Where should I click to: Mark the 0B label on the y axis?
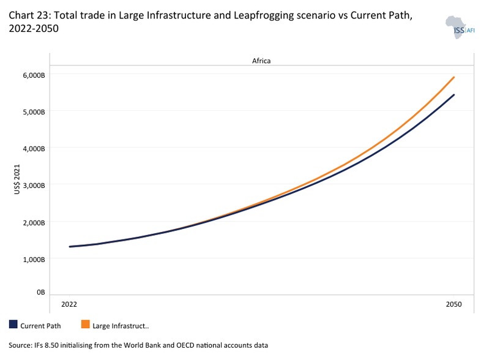41,293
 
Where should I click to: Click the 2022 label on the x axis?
70,304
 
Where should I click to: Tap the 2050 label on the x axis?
453,304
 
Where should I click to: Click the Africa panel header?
261,61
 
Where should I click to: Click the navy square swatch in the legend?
13,324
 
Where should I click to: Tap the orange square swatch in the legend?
85,324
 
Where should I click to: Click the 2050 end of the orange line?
453,77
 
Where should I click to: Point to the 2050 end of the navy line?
453,95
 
